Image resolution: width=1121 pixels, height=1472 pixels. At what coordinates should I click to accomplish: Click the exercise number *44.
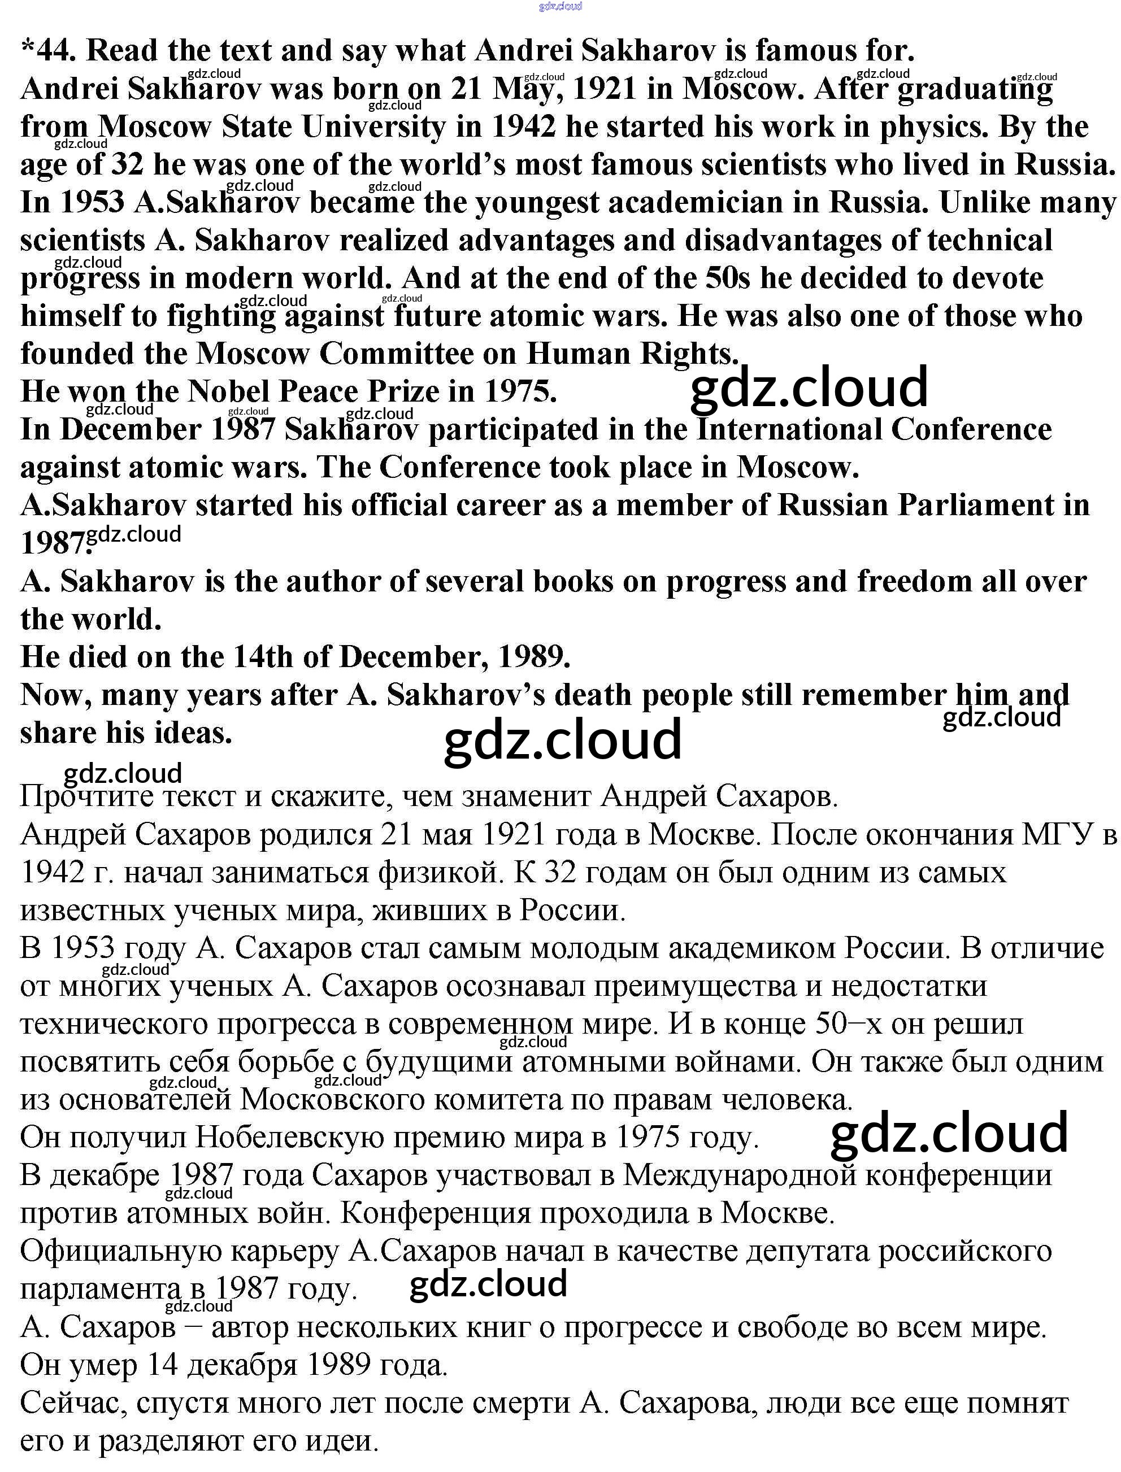tap(49, 51)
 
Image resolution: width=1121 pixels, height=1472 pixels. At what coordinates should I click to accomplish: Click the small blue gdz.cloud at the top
tap(560, 7)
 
